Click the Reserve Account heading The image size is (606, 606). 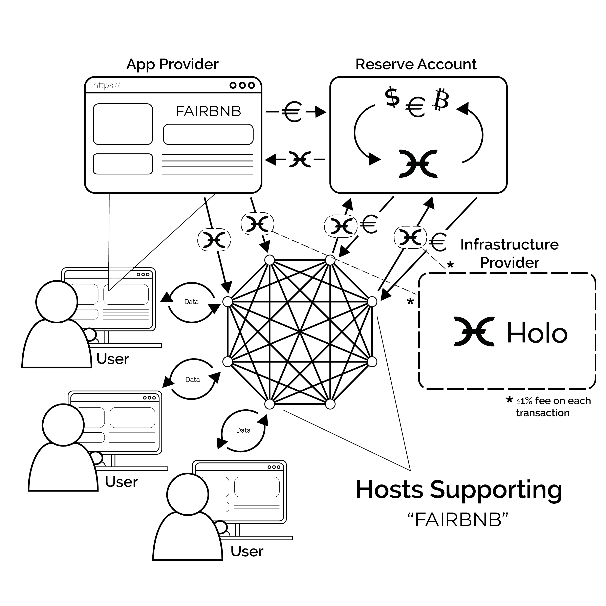pyautogui.click(x=416, y=65)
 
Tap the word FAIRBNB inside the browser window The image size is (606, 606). pyautogui.click(x=208, y=111)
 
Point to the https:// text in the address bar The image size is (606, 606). pyautogui.click(x=107, y=85)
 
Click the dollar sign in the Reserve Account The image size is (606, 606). pyautogui.click(x=392, y=97)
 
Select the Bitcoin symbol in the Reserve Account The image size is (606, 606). pyautogui.click(x=441, y=100)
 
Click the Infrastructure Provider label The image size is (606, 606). pyautogui.click(x=509, y=253)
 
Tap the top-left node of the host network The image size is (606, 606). pyautogui.click(x=270, y=260)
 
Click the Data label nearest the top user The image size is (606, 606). pyautogui.click(x=191, y=302)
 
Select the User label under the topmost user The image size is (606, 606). pyautogui.click(x=113, y=359)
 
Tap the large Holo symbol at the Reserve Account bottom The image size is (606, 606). pyautogui.click(x=418, y=164)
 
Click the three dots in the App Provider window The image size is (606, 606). pyautogui.click(x=242, y=85)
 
